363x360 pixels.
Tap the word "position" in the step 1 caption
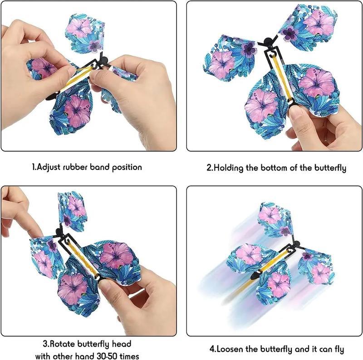coord(127,167)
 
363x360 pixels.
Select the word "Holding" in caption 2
coord(228,168)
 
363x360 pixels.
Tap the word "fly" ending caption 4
coord(339,350)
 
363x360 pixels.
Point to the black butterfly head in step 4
coord(296,243)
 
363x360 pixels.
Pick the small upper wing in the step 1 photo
coord(85,33)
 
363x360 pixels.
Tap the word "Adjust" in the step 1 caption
coord(49,167)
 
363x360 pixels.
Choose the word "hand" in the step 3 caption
coord(84,356)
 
